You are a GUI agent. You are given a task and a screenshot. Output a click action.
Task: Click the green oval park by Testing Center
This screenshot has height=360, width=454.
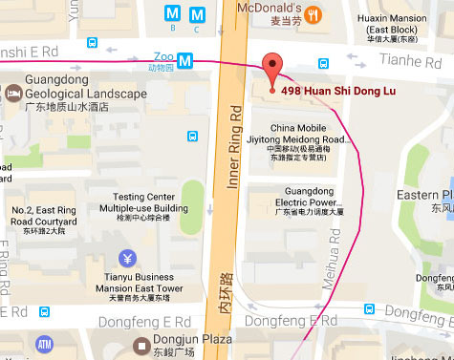coord(193,200)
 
